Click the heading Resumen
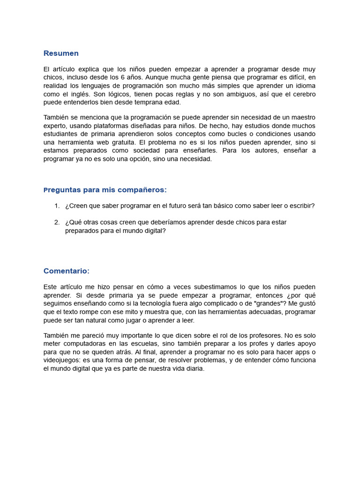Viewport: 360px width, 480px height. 61,53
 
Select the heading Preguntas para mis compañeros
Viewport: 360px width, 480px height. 105,190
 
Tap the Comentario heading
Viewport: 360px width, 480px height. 66,271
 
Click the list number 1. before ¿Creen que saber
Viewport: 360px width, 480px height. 57,206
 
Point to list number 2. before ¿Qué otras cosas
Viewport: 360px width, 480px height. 57,222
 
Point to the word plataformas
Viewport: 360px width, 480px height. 127,126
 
